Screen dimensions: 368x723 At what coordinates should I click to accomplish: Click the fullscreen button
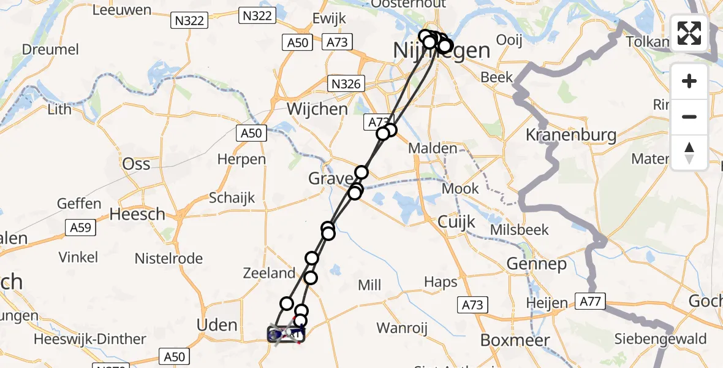coord(689,33)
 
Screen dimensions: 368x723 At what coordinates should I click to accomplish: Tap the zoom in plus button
coord(689,81)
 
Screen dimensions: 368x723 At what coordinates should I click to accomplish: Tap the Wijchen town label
coord(317,109)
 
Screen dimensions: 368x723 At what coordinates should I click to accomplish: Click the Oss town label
coord(136,164)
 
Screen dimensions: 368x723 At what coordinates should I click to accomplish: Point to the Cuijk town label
coord(456,222)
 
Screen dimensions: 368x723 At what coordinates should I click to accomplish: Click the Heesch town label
coord(137,214)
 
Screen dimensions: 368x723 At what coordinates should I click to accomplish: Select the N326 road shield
coord(346,83)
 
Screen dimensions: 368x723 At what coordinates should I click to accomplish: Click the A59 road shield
coord(80,228)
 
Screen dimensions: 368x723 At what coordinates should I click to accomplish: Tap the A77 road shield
coord(590,301)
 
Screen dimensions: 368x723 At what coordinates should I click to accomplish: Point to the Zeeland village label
coord(269,273)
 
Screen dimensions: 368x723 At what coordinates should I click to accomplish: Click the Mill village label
coord(369,285)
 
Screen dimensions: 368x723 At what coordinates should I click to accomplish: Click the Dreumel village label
coord(50,49)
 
